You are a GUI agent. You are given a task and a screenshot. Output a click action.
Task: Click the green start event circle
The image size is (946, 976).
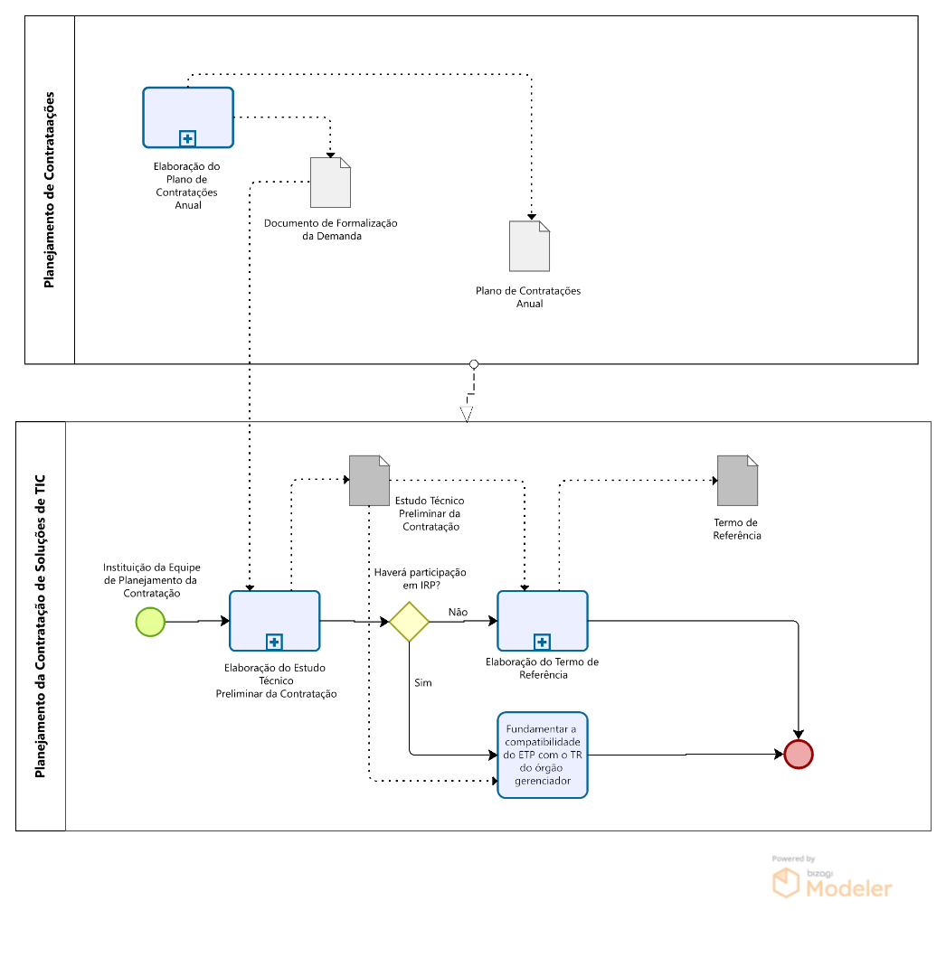tap(150, 622)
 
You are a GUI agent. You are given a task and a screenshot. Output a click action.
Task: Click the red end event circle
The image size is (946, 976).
tap(799, 754)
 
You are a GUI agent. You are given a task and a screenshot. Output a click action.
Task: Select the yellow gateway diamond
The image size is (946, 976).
tap(410, 622)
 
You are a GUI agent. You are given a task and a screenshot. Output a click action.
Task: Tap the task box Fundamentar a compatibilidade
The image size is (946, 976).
tap(543, 755)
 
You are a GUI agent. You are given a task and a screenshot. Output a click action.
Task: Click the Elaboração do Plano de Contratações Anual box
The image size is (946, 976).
tap(188, 117)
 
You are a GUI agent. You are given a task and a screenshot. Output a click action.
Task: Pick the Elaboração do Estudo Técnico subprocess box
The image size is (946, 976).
tap(274, 620)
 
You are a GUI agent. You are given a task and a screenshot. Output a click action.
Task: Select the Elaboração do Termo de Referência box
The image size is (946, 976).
tap(543, 620)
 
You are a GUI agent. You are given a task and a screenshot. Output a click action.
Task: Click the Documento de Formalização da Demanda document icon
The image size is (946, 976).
tap(330, 182)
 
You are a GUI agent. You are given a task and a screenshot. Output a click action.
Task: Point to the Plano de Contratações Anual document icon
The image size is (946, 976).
tap(529, 246)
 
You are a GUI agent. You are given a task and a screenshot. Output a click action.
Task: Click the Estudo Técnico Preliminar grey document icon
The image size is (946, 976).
tap(369, 480)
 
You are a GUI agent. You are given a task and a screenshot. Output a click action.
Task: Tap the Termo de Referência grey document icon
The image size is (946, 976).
tap(737, 480)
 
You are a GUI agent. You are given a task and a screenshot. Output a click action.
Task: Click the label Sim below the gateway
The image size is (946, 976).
tap(423, 683)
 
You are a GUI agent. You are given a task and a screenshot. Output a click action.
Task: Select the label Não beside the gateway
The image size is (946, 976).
tap(458, 612)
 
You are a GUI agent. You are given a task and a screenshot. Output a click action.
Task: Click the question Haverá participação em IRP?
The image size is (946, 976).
tap(420, 579)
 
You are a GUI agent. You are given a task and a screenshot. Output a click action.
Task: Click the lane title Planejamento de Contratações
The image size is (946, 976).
tap(50, 189)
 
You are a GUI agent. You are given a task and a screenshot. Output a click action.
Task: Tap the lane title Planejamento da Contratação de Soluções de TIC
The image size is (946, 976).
tap(41, 625)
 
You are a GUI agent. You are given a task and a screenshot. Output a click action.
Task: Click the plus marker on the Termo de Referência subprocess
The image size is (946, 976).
tap(542, 642)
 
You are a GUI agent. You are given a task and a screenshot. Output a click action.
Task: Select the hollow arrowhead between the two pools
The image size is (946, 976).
tap(467, 414)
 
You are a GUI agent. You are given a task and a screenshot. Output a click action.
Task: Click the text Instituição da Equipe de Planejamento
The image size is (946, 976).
tap(151, 580)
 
